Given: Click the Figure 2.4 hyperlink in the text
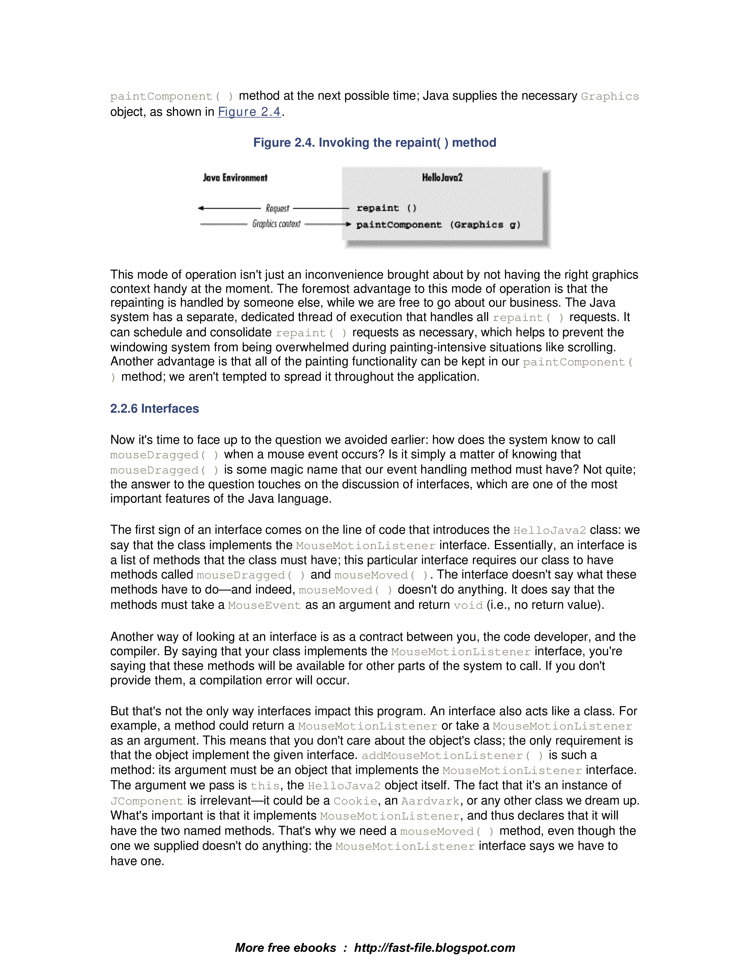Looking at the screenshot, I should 249,112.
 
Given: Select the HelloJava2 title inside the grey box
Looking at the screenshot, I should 442,178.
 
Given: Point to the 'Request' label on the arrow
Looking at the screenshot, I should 277,208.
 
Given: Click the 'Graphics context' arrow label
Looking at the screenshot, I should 276,224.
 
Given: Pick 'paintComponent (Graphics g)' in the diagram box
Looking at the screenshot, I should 438,225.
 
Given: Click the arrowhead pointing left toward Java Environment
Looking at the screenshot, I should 201,208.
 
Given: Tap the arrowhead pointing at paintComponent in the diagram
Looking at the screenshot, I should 349,224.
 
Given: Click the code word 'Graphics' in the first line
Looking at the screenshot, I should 610,96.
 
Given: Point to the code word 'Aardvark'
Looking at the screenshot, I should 430,801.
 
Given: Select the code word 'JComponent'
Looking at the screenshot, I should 147,801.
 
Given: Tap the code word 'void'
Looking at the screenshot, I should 468,605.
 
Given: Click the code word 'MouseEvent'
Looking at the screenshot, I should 264,605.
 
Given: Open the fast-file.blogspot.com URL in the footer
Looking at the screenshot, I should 434,948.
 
